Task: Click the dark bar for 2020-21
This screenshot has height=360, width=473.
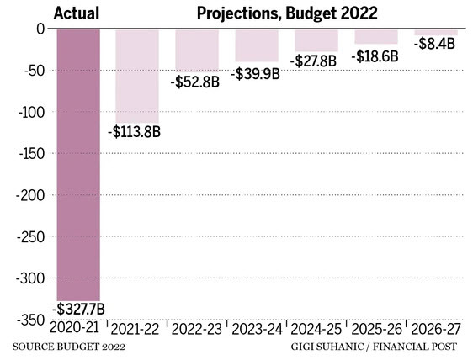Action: point(77,164)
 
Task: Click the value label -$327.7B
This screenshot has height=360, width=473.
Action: point(78,309)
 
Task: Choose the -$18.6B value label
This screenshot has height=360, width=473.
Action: point(377,54)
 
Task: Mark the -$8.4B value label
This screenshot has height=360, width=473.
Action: point(435,44)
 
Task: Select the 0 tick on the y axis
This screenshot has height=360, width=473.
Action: point(39,29)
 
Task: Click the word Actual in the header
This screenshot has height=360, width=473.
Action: point(77,13)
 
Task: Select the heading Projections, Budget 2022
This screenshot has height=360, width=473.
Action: point(276,13)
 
